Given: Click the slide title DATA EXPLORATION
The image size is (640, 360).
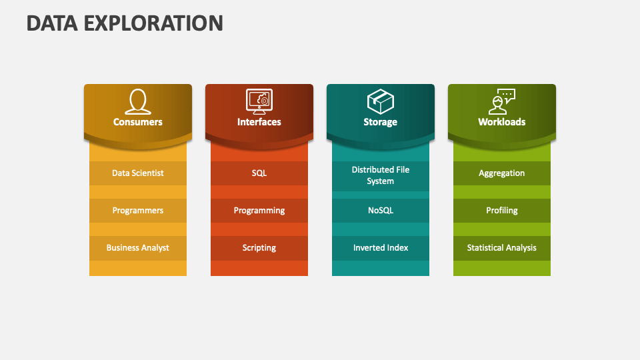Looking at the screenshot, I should (125, 23).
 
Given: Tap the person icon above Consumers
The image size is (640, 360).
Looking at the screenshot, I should (138, 101).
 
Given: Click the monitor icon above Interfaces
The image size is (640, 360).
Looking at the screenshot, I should (259, 101).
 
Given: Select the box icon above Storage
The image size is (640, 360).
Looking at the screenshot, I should (381, 101).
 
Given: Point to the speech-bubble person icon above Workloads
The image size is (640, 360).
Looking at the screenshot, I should (502, 101).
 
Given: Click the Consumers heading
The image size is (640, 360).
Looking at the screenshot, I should (138, 122).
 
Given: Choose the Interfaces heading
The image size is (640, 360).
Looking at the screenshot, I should (259, 122).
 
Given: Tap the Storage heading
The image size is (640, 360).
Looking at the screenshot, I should (381, 122).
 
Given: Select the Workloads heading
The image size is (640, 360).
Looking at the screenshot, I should (502, 122).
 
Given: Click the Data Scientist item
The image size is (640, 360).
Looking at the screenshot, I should (138, 173).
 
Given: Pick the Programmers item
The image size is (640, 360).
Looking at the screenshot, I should (138, 210).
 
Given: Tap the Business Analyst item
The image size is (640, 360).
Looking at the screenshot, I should (138, 247).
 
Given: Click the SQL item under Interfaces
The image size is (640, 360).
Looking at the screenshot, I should (259, 173).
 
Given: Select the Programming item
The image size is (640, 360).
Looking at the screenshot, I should (259, 210).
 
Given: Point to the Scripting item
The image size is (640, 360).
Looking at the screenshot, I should (259, 247).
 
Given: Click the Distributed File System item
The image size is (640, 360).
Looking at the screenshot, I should (381, 175).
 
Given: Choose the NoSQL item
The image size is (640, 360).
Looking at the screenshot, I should (381, 210).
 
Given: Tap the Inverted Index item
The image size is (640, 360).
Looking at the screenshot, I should (381, 247).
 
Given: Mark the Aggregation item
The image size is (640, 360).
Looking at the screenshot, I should (502, 173).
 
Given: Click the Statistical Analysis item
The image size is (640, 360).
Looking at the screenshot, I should (502, 247).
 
